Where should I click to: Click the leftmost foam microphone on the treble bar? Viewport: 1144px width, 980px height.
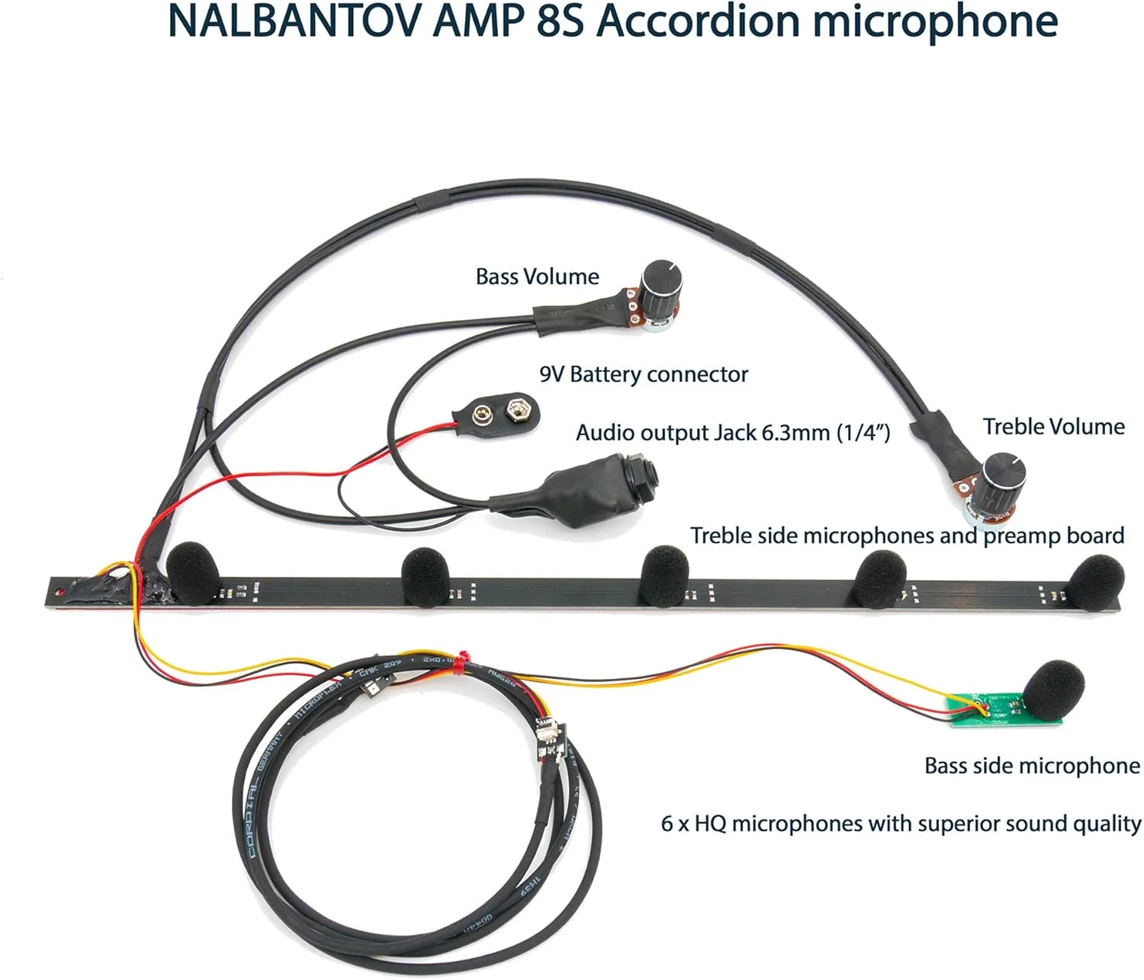tap(192, 572)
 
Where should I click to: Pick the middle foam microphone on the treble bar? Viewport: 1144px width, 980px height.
tap(665, 575)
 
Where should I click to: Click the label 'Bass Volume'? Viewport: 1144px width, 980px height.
tap(537, 277)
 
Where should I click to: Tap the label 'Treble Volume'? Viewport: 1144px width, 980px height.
tap(1053, 427)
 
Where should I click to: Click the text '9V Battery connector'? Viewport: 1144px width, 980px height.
tap(644, 375)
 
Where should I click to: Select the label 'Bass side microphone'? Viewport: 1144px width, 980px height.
tap(1031, 766)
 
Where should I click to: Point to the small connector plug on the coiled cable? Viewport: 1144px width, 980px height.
tap(548, 737)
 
